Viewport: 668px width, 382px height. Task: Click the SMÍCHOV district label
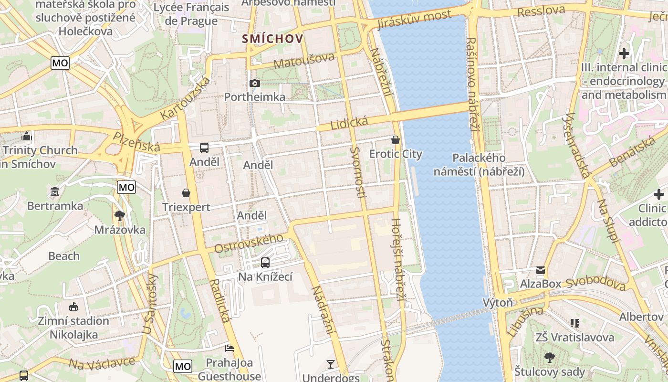pos(272,39)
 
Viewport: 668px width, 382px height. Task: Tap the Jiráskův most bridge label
pos(414,20)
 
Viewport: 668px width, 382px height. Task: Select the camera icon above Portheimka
pos(255,84)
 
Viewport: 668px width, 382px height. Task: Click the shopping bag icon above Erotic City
pos(396,140)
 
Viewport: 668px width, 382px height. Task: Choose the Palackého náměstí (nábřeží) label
pos(479,164)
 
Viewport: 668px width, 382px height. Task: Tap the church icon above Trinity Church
pos(27,137)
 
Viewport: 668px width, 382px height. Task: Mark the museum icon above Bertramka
pos(55,192)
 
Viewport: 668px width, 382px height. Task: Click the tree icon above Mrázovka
pos(119,216)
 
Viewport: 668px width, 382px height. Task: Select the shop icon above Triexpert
pos(186,193)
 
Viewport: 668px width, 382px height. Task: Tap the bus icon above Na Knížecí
pos(265,262)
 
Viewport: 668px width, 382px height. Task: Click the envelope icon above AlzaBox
pos(540,270)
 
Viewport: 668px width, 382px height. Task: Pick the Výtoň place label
pos(497,302)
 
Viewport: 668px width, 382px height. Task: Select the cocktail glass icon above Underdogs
pos(330,364)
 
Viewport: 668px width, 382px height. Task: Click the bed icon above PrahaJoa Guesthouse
pos(230,348)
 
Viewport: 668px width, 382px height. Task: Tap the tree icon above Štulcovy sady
pos(549,357)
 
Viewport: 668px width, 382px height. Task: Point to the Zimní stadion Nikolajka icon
pos(73,307)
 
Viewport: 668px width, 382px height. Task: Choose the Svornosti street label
pos(358,172)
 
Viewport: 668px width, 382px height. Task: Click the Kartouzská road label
pos(186,99)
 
